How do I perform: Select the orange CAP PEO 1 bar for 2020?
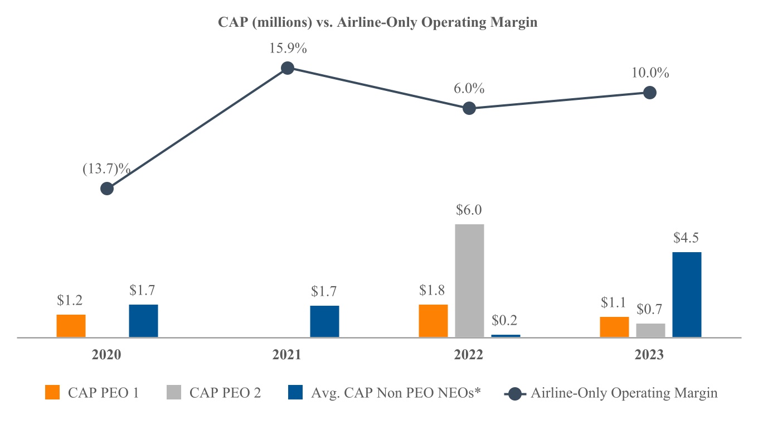tap(71, 326)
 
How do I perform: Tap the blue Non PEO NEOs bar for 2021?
tap(324, 321)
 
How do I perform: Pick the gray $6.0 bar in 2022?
tap(469, 281)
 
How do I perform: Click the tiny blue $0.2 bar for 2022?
tap(506, 335)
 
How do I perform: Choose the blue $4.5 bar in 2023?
tap(687, 295)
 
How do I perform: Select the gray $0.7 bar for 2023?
tap(650, 330)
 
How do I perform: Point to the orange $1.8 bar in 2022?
tap(433, 321)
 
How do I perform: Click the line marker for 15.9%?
tap(288, 68)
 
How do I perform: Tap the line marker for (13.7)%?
tap(107, 189)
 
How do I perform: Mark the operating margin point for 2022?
tap(469, 108)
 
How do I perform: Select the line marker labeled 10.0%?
tap(649, 93)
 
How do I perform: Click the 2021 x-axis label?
tap(288, 355)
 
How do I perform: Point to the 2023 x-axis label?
tap(649, 355)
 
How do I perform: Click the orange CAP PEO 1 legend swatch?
tap(52, 393)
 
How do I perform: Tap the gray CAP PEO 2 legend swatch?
tap(173, 393)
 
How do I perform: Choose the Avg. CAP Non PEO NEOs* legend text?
tap(396, 393)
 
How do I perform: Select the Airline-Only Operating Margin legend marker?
tap(516, 393)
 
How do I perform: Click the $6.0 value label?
tap(469, 210)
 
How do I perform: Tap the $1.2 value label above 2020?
tap(70, 301)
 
